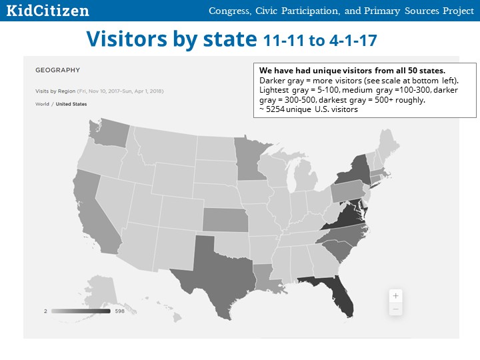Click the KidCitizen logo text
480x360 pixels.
click(47, 11)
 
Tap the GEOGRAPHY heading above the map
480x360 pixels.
click(57, 70)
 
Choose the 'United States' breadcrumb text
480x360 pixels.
click(71, 104)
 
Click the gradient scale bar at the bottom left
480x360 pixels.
click(81, 311)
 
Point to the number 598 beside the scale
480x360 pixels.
click(120, 311)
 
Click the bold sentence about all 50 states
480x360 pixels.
click(352, 71)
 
